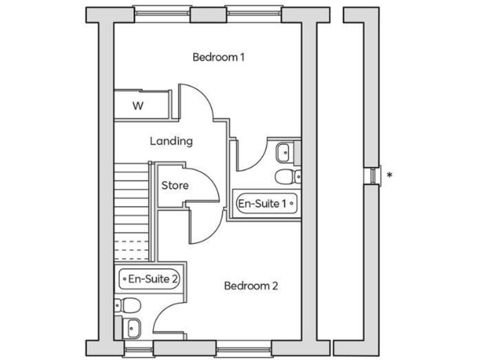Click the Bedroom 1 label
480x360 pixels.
(x=218, y=57)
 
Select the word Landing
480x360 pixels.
(x=171, y=141)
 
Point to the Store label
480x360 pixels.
(x=175, y=186)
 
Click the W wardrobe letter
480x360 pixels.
(x=137, y=106)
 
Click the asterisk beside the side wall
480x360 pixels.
(x=389, y=176)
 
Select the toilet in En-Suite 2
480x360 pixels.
(x=131, y=306)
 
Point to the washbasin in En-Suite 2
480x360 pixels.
(x=131, y=326)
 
